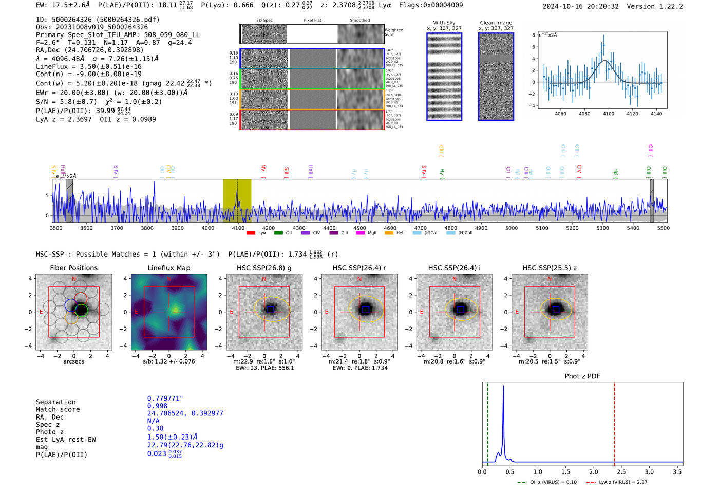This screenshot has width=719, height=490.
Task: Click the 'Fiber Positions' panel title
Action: tap(73, 268)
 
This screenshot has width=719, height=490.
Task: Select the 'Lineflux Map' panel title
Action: tap(169, 268)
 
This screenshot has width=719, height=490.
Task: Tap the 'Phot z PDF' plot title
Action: tap(582, 376)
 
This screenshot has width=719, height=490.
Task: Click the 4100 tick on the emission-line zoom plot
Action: tap(609, 114)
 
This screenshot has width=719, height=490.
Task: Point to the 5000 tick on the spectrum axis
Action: tap(512, 228)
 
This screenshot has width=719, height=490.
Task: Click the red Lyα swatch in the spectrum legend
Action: tap(251, 233)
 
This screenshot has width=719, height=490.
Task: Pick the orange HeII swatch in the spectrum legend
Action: tap(389, 233)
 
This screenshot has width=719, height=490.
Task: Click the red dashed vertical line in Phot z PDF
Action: tap(614, 422)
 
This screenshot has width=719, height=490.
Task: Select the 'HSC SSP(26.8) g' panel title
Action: tap(264, 268)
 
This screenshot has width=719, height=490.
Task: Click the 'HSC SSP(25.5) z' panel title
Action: tap(550, 268)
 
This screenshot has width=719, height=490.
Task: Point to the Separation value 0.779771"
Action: tap(165, 398)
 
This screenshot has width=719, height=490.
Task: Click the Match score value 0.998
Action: tap(157, 406)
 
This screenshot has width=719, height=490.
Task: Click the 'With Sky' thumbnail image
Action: tap(444, 77)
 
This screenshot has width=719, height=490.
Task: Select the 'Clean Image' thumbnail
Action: tap(496, 77)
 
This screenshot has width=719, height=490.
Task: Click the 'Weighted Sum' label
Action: tap(394, 32)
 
